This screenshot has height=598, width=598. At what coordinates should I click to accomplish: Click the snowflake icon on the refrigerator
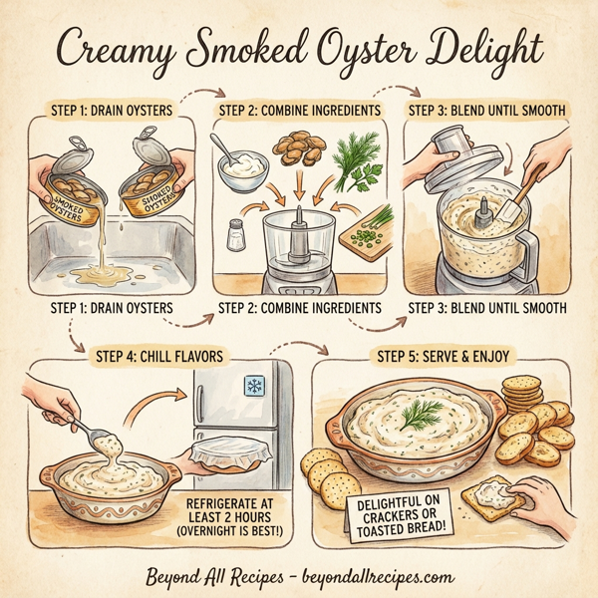pos(254,387)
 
